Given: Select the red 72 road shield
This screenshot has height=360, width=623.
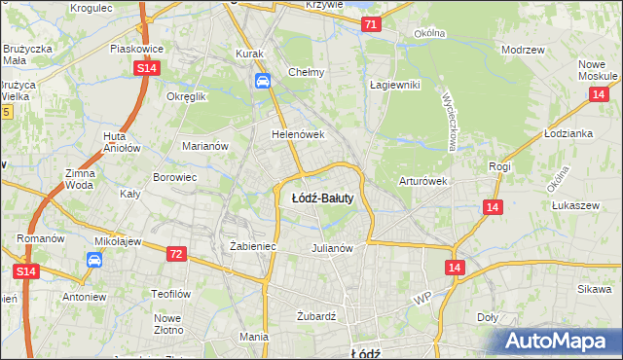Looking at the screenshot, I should pyautogui.click(x=176, y=253).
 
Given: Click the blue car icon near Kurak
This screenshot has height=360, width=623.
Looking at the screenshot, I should pyautogui.click(x=262, y=82).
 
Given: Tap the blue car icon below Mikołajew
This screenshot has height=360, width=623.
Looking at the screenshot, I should pyautogui.click(x=94, y=260).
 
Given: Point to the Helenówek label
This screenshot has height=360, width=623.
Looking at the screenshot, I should pyautogui.click(x=297, y=134).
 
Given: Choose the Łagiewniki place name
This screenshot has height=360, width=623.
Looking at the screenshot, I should pyautogui.click(x=394, y=85).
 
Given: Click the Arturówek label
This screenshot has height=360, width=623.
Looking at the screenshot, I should pyautogui.click(x=421, y=181).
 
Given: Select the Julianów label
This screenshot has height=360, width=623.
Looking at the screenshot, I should pyautogui.click(x=331, y=247).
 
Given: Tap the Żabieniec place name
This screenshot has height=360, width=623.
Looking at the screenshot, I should pyautogui.click(x=253, y=246).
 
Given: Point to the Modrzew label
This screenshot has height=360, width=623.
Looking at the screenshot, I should pyautogui.click(x=521, y=49).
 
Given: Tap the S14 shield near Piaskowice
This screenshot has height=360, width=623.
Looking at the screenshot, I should pyautogui.click(x=146, y=68).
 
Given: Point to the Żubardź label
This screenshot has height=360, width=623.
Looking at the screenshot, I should pyautogui.click(x=315, y=316).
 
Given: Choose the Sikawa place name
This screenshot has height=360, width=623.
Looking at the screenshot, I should pyautogui.click(x=593, y=289).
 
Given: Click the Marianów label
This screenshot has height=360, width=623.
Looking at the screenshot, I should pyautogui.click(x=204, y=146).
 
